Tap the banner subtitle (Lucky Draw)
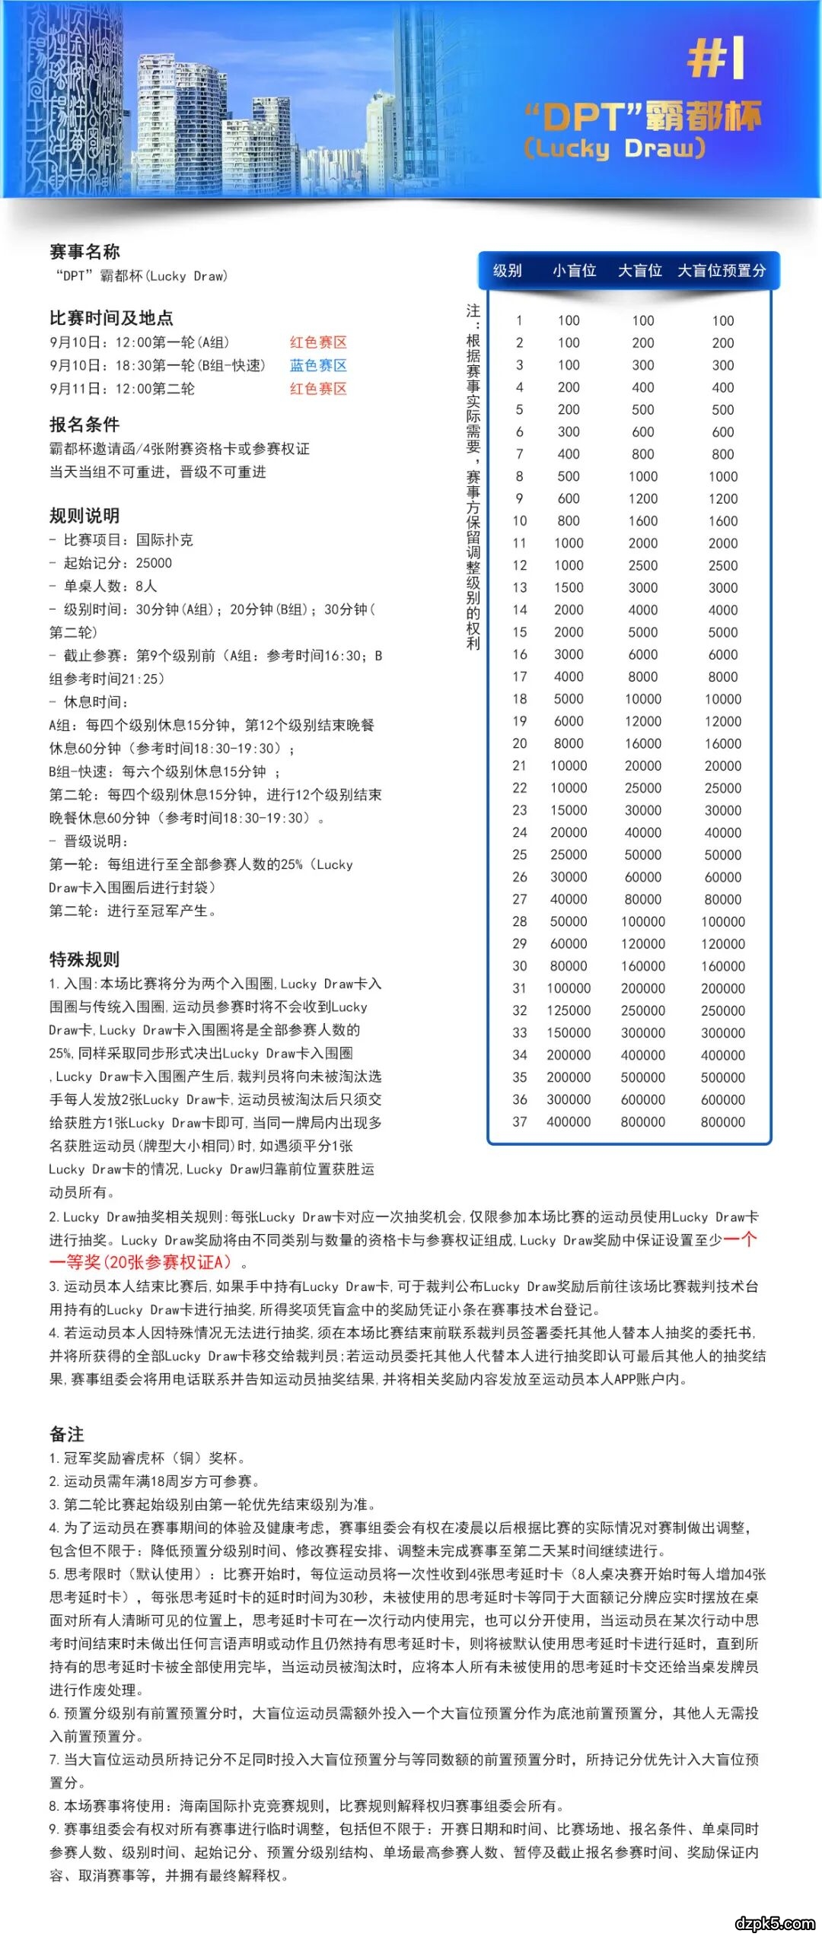coord(614,148)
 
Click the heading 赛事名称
coord(84,252)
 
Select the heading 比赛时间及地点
coord(111,318)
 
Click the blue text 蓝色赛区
coord(318,365)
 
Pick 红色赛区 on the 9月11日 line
coord(318,389)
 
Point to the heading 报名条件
coord(84,425)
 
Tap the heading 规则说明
coord(84,516)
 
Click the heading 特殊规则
coord(84,959)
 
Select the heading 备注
coord(67,1434)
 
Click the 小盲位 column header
coord(574,271)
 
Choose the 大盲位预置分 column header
coord(722,271)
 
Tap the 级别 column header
coord(508,271)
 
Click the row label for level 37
coord(520,1121)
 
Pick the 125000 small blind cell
coord(569,1010)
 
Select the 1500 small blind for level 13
coord(569,587)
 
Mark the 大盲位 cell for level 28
coord(643,921)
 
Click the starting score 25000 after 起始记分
coord(154,563)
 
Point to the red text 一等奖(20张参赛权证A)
coord(140,1262)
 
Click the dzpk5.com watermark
coord(775,1923)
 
